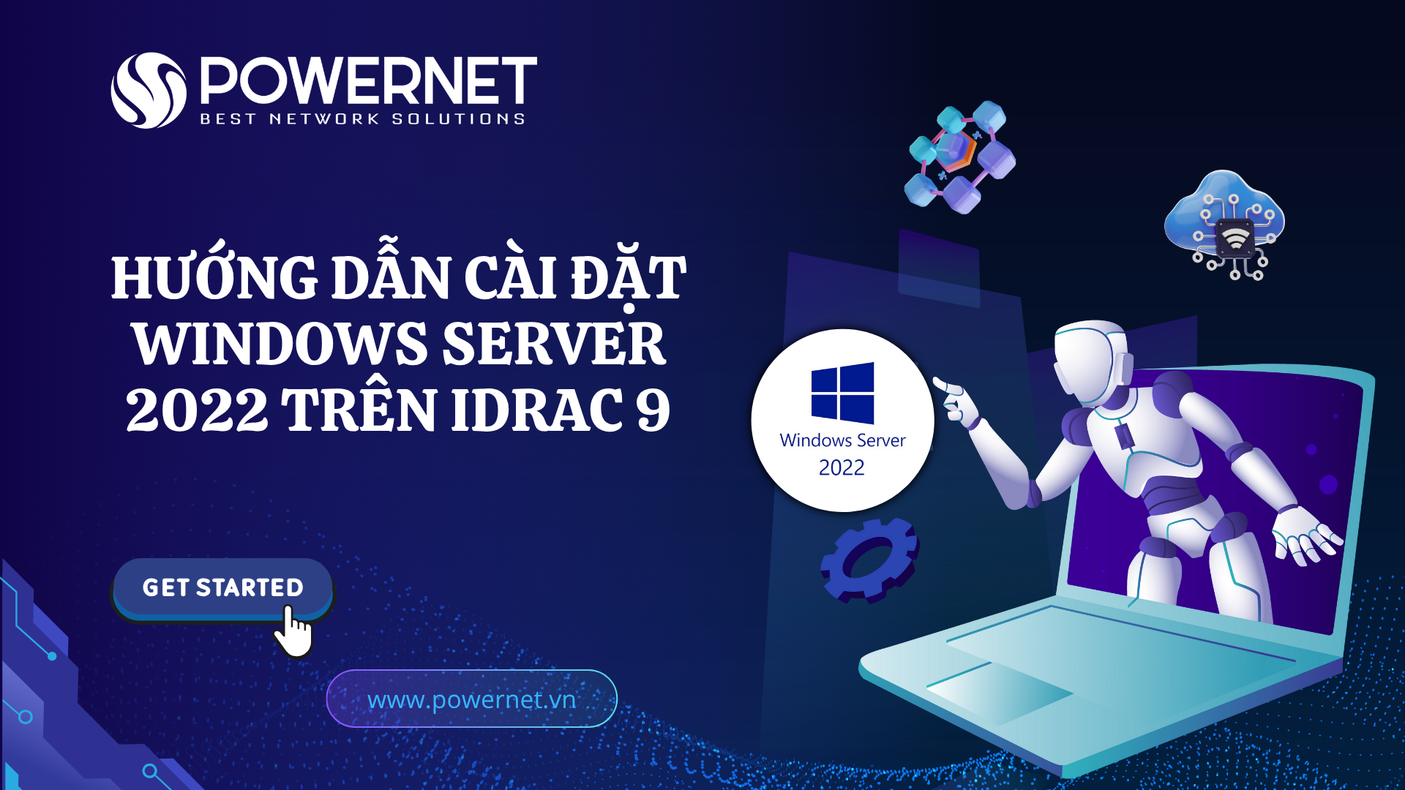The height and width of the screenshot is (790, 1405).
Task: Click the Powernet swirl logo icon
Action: [x=149, y=91]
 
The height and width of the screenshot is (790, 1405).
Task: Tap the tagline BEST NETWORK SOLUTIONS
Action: [x=363, y=119]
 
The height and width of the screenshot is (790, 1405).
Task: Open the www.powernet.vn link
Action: [x=471, y=699]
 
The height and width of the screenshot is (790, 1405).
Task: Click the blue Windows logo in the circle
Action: [x=842, y=393]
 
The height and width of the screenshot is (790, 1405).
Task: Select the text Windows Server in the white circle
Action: [x=842, y=440]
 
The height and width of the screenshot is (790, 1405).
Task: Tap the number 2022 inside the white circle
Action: [x=842, y=467]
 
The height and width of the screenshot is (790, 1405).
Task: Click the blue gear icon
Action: [x=869, y=560]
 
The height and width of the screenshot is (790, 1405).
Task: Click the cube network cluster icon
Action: [x=960, y=157]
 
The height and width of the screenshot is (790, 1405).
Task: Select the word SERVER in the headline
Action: [x=554, y=344]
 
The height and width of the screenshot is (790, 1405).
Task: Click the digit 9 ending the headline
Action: [x=653, y=410]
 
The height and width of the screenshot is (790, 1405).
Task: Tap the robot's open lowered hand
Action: [x=1307, y=534]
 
